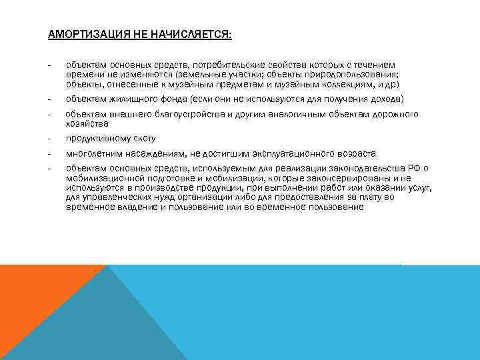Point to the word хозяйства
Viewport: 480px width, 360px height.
tap(87, 124)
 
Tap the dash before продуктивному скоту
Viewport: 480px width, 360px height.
tap(49, 139)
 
